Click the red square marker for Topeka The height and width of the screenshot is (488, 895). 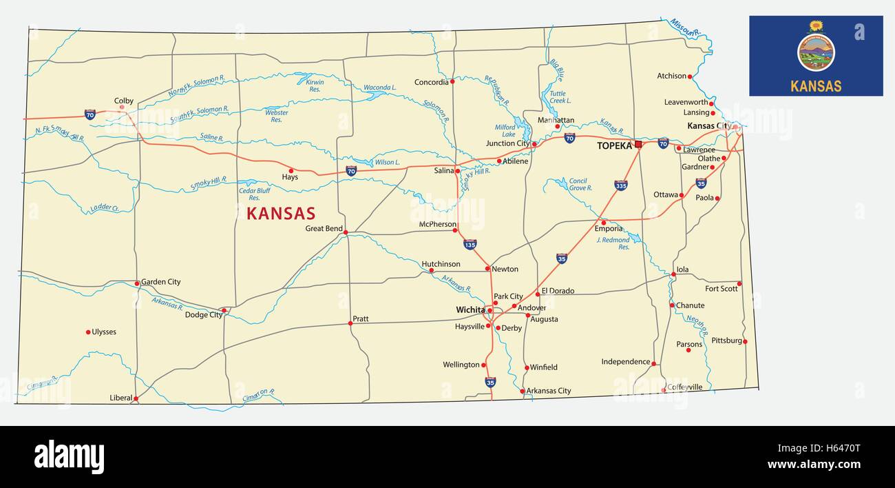(x=638, y=144)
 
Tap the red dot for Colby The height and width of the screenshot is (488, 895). (x=122, y=107)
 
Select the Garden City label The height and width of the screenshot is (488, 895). (x=160, y=282)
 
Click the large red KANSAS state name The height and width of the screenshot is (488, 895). (x=281, y=214)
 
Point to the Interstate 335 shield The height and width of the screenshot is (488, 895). (x=620, y=185)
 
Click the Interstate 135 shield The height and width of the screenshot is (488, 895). (x=470, y=244)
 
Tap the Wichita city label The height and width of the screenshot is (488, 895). (x=470, y=310)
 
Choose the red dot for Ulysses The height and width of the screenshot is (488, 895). (x=88, y=332)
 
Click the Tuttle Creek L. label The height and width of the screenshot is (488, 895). (x=560, y=97)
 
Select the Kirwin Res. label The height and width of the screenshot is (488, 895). (x=314, y=85)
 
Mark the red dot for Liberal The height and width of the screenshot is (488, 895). (x=136, y=398)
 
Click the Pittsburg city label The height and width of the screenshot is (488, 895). (x=726, y=340)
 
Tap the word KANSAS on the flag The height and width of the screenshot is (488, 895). (x=816, y=86)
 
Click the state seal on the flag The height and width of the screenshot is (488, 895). (x=816, y=52)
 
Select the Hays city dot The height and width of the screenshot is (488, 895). (x=291, y=170)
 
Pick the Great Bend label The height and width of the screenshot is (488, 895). (x=324, y=228)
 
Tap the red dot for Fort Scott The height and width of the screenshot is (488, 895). (x=739, y=283)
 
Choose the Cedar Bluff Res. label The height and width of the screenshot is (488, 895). (x=254, y=194)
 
